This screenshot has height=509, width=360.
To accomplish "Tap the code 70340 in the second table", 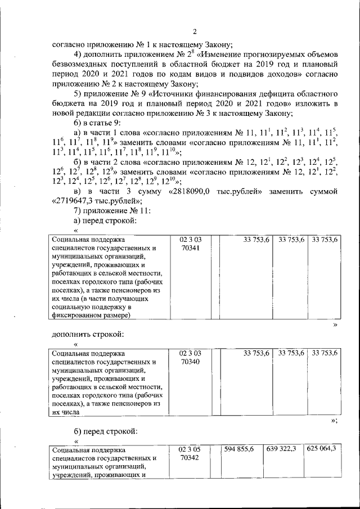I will tap(190, 363).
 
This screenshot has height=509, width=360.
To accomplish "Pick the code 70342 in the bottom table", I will tap(190, 458).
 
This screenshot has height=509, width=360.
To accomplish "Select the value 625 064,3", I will tap(322, 448).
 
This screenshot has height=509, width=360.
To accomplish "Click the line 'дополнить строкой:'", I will tap(87, 335).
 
